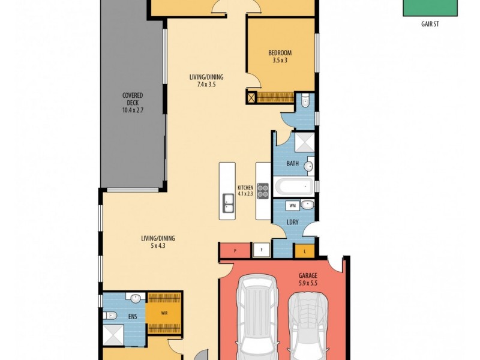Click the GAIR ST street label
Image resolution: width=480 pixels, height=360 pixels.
(x=430, y=24)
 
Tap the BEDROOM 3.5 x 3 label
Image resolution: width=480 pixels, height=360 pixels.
(x=280, y=56)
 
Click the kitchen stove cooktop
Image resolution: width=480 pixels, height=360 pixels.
(x=263, y=191)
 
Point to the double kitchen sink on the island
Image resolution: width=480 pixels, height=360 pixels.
(x=228, y=203)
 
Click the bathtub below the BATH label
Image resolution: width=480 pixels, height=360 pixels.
(x=294, y=187)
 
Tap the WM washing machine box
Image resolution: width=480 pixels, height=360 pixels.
(x=292, y=206)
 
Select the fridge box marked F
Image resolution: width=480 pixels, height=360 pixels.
(x=262, y=250)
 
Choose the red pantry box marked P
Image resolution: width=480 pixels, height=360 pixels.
(x=235, y=251)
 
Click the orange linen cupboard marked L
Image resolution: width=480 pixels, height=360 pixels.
(x=305, y=251)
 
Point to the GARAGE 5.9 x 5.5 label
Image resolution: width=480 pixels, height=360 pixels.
(x=308, y=279)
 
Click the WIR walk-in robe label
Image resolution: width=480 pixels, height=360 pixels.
(x=164, y=313)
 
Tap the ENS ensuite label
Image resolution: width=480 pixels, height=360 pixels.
(x=133, y=317)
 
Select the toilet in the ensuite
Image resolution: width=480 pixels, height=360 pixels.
(x=110, y=316)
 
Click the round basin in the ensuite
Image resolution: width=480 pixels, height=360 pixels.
(x=136, y=298)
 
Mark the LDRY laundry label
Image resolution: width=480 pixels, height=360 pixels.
(x=292, y=222)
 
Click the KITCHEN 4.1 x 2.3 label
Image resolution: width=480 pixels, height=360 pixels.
(x=245, y=190)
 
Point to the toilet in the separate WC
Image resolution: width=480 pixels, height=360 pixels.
(x=305, y=101)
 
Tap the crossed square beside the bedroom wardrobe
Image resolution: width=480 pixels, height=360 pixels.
(x=251, y=98)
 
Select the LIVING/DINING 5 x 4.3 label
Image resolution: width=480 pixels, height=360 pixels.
(x=158, y=242)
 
